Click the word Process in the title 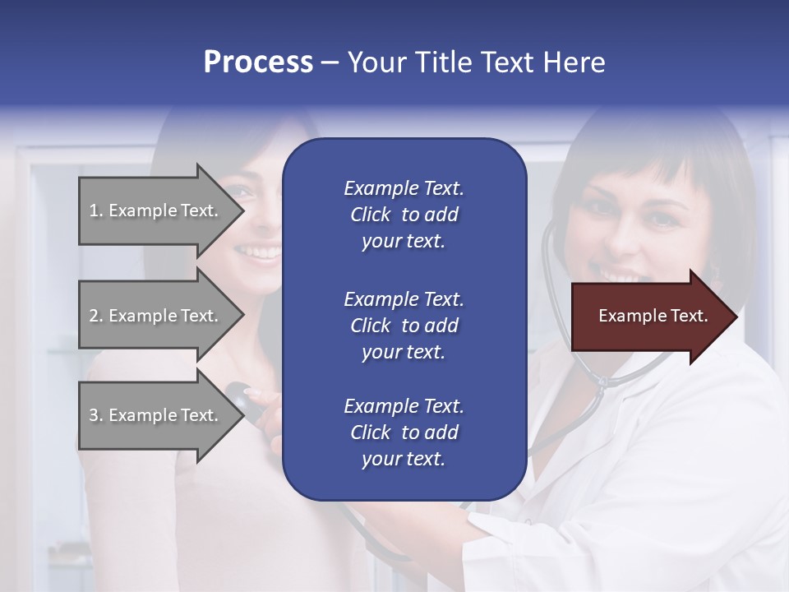coord(258,62)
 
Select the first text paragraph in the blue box coord(404,215)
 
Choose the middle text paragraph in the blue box coord(404,325)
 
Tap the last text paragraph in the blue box coord(404,432)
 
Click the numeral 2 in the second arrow coord(93,316)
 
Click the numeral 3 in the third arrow coord(93,415)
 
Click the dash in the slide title coord(330,62)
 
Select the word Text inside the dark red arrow coord(689,317)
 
